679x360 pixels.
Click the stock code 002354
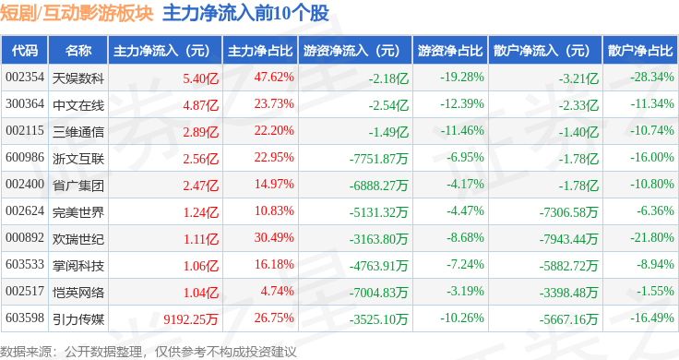click(25, 78)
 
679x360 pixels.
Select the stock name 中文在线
click(78, 105)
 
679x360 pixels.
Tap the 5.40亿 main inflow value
click(200, 78)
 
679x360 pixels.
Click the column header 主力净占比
click(260, 51)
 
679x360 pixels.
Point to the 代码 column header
click(25, 51)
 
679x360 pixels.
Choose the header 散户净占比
click(640, 51)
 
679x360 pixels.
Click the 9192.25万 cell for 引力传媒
click(191, 319)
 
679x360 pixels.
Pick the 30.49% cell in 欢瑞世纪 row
click(274, 237)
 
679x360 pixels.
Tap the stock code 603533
click(25, 264)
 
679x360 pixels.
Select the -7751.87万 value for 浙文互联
click(379, 159)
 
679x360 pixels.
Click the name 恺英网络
click(78, 292)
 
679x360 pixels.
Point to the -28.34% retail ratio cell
click(652, 78)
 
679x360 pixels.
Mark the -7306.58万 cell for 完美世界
click(568, 212)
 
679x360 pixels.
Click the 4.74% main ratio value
click(277, 291)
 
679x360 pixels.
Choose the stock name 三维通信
click(78, 132)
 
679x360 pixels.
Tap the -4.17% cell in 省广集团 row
click(466, 184)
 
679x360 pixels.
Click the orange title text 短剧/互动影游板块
click(77, 13)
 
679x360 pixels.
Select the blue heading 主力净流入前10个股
click(245, 13)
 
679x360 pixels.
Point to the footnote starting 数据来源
click(149, 352)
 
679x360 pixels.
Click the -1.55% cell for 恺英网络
click(655, 291)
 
